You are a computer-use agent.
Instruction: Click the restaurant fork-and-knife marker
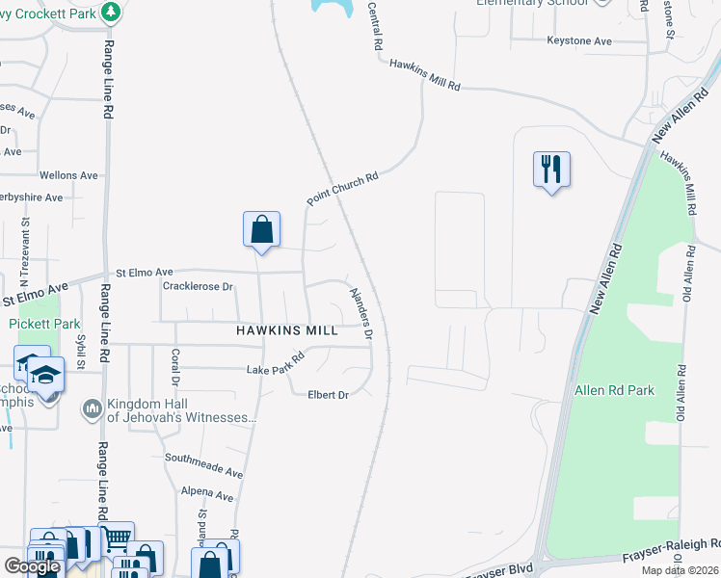[x=551, y=170]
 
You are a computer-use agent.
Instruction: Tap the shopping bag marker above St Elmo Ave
[x=261, y=229]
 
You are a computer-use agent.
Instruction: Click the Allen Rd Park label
[x=614, y=390]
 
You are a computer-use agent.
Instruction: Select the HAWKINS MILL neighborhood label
[x=287, y=330]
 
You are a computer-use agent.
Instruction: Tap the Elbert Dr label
[x=328, y=395]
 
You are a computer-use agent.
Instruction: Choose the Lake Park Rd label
[x=276, y=363]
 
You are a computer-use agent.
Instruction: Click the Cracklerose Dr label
[x=199, y=286]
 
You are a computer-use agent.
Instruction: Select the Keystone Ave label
[x=579, y=41]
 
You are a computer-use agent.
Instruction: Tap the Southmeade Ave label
[x=203, y=465]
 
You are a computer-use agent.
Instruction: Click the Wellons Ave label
[x=68, y=175]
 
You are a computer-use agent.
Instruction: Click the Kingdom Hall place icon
[x=93, y=409]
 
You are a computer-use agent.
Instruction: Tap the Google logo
[x=32, y=566]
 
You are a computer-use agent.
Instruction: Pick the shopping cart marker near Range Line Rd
[x=117, y=538]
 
